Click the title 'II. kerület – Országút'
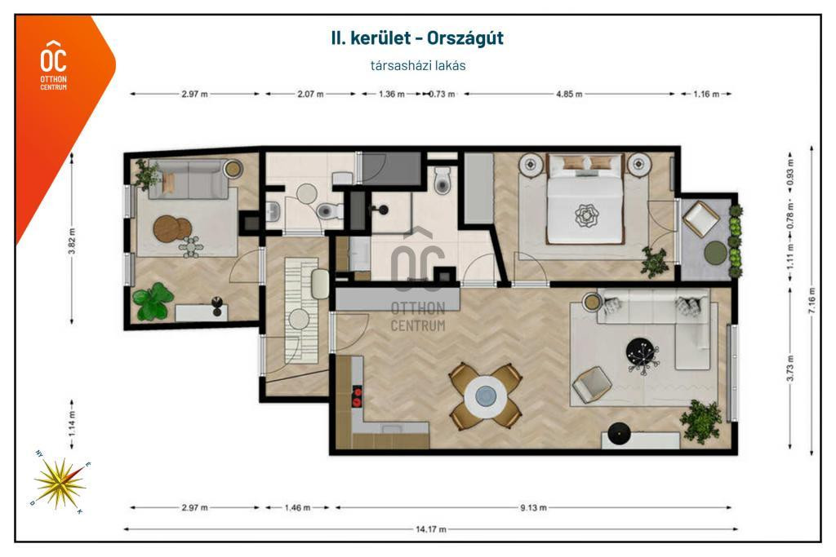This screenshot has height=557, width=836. [417, 38]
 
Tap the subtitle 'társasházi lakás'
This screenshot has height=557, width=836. [418, 65]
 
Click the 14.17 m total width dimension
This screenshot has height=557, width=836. [431, 529]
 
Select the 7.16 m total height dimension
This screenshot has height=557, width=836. [812, 300]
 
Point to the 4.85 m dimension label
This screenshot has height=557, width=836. [569, 95]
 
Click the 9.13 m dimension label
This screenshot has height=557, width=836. [533, 507]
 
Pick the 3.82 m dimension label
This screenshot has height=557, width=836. [72, 241]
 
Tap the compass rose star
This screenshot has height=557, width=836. [60, 483]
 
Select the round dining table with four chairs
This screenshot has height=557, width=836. [485, 396]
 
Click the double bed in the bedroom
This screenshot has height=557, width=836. [585, 199]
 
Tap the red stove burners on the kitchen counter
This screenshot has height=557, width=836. [357, 396]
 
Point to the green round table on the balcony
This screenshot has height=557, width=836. [715, 253]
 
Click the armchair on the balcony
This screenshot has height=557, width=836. [701, 219]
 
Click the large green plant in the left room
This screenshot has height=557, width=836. [153, 302]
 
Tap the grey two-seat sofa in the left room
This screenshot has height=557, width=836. [189, 179]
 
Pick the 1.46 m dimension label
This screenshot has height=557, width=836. [297, 507]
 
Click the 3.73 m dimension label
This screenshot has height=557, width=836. [790, 368]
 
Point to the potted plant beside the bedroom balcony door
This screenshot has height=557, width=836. [654, 262]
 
